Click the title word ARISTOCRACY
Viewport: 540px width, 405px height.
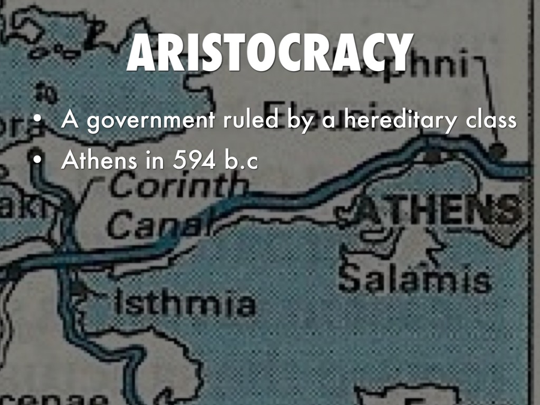pyautogui.click(x=269, y=54)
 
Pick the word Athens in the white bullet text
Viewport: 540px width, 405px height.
pyautogui.click(x=97, y=161)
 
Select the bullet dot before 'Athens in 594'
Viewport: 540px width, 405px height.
pyautogui.click(x=36, y=161)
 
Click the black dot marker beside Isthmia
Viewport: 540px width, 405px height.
pyautogui.click(x=79, y=288)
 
